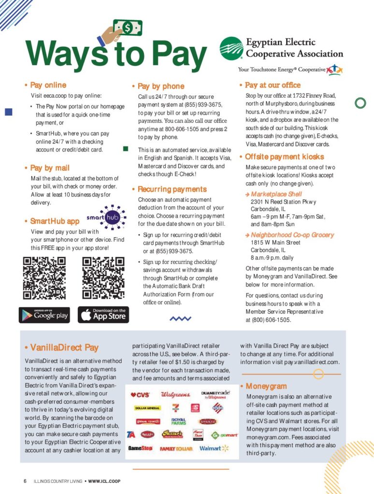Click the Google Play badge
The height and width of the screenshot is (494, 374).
44,315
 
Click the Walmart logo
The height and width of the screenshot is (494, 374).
213,448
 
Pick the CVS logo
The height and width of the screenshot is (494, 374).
141,394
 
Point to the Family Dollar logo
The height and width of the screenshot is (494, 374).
176,449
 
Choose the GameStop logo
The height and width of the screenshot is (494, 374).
140,448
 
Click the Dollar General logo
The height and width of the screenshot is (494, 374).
147,408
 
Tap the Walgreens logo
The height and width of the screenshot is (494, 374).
175,394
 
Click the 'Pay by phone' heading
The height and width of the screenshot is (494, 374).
160,87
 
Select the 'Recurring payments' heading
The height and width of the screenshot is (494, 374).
172,189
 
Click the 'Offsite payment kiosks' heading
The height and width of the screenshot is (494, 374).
284,157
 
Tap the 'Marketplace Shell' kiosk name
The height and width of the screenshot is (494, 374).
273,194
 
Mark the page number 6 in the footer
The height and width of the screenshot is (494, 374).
25,481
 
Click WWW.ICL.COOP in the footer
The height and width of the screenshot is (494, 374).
104,481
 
